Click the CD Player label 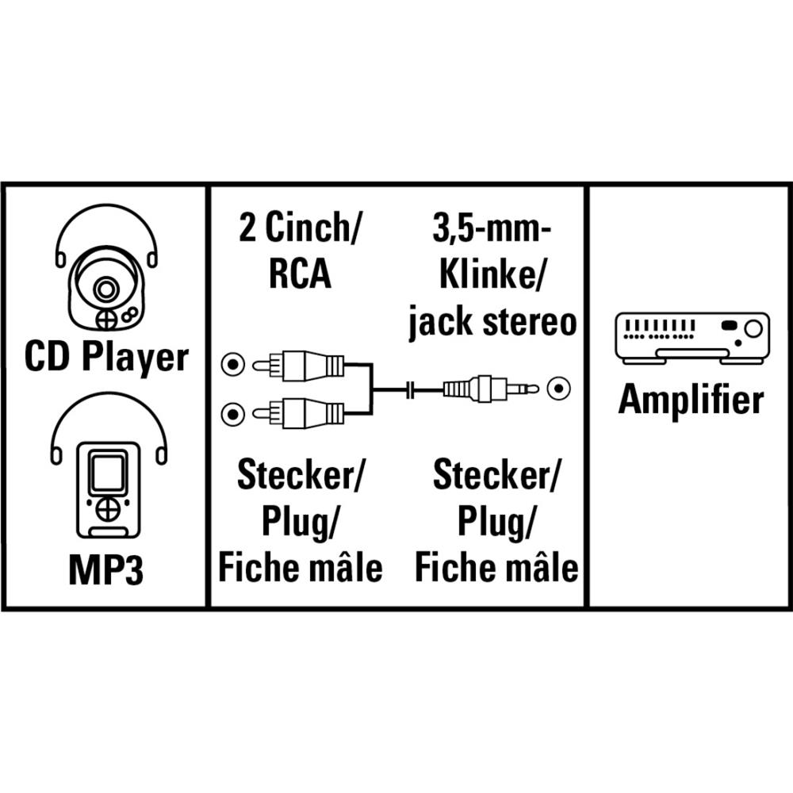click(x=105, y=358)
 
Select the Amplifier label click(x=691, y=400)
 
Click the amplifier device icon click(x=691, y=337)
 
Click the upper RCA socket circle click(x=232, y=366)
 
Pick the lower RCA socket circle click(x=232, y=412)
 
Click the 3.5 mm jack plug click(x=488, y=389)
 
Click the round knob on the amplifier click(x=752, y=328)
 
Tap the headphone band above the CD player click(x=105, y=226)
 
